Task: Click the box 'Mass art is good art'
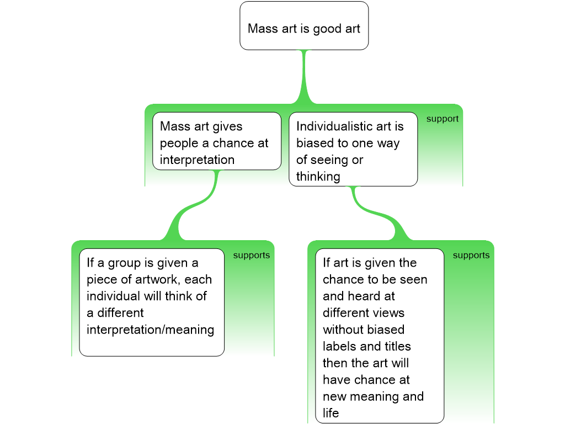click(x=303, y=26)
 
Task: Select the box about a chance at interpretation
click(x=216, y=141)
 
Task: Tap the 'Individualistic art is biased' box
click(x=353, y=150)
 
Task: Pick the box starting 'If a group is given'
click(x=152, y=302)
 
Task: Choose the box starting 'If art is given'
click(x=379, y=336)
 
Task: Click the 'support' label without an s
click(x=442, y=119)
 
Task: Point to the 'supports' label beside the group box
click(x=251, y=255)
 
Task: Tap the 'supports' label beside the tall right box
click(x=471, y=255)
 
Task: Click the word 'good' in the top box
click(x=328, y=28)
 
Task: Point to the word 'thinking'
click(x=318, y=177)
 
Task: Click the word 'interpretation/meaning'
click(x=150, y=330)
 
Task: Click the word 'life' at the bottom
click(x=331, y=413)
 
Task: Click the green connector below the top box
click(x=303, y=77)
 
